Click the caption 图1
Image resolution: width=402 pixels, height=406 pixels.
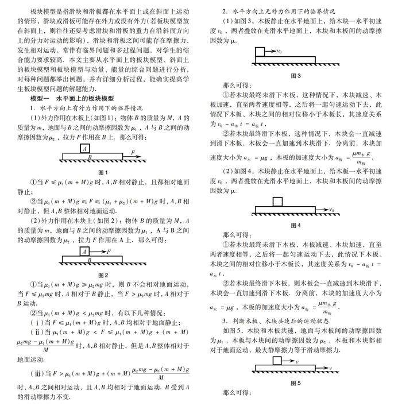[x=103, y=172]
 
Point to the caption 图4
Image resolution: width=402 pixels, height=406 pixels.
[x=296, y=225]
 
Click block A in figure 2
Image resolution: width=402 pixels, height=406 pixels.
[x=85, y=252]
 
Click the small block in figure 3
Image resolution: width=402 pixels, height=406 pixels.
[x=258, y=53]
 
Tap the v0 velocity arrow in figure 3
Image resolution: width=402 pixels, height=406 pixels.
[x=273, y=53]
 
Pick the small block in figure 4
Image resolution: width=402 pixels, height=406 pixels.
[x=278, y=201]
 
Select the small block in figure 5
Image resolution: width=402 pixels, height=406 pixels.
[x=279, y=360]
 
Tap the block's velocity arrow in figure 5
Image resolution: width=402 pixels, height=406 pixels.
[x=292, y=361]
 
